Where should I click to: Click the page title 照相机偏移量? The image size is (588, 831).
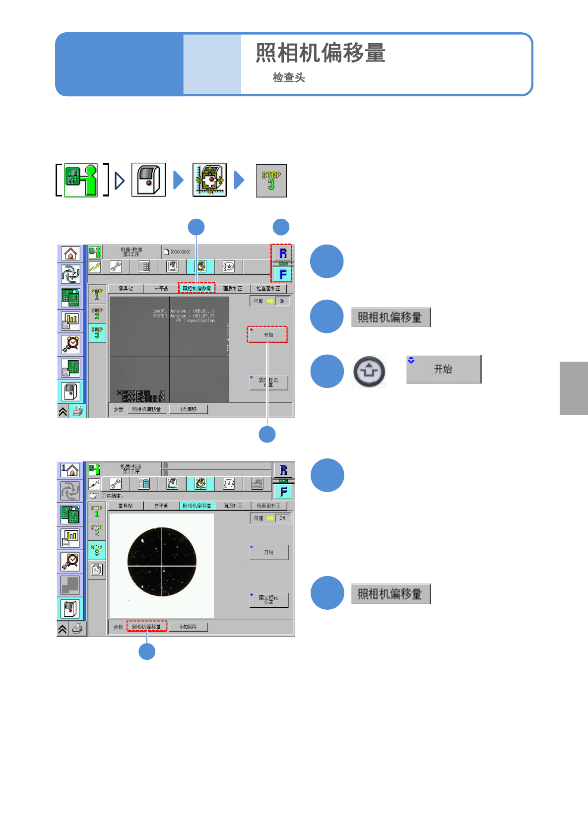[x=321, y=53]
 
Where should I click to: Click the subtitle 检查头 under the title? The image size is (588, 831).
[x=289, y=77]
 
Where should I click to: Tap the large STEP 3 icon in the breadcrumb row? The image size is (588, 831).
[x=271, y=181]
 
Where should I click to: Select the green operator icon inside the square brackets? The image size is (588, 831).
[x=81, y=180]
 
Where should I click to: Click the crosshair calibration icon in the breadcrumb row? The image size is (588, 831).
[x=209, y=180]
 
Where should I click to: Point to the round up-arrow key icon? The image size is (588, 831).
[x=369, y=372]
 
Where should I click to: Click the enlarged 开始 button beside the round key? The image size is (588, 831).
[x=443, y=369]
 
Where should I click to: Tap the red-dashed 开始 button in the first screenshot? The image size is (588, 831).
[x=268, y=335]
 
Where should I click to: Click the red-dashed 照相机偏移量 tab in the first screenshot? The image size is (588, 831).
[x=196, y=288]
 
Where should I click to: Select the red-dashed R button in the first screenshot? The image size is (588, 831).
[x=283, y=253]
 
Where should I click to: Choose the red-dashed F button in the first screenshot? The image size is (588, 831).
[x=283, y=274]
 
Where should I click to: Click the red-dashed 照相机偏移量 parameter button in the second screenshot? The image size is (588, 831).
[x=146, y=627]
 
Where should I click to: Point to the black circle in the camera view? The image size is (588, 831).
[x=162, y=562]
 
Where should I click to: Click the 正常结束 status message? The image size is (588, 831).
[x=112, y=496]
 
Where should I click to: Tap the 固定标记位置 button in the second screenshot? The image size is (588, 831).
[x=268, y=600]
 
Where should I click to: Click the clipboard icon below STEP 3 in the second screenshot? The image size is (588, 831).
[x=97, y=570]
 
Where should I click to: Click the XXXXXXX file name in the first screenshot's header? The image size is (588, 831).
[x=180, y=252]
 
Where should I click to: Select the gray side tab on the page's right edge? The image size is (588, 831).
[x=574, y=388]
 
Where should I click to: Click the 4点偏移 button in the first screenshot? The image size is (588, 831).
[x=188, y=409]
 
